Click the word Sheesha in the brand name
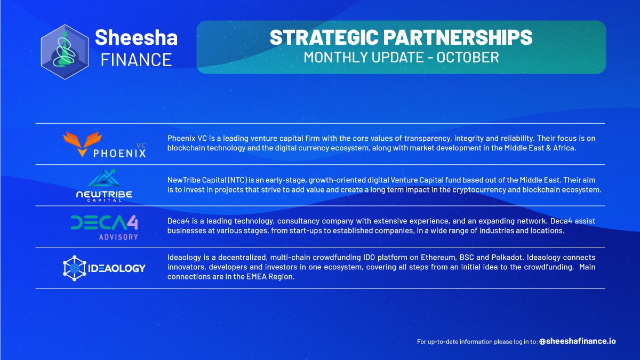pyautogui.click(x=135, y=37)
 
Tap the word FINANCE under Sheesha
pyautogui.click(x=136, y=59)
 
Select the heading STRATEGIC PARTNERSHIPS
pyautogui.click(x=401, y=37)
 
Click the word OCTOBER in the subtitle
pyautogui.click(x=468, y=57)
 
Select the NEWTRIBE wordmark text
pyautogui.click(x=105, y=194)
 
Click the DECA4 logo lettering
pyautogui.click(x=105, y=222)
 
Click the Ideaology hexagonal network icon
pyautogui.click(x=74, y=268)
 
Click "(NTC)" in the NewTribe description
pyautogui.click(x=231, y=180)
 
